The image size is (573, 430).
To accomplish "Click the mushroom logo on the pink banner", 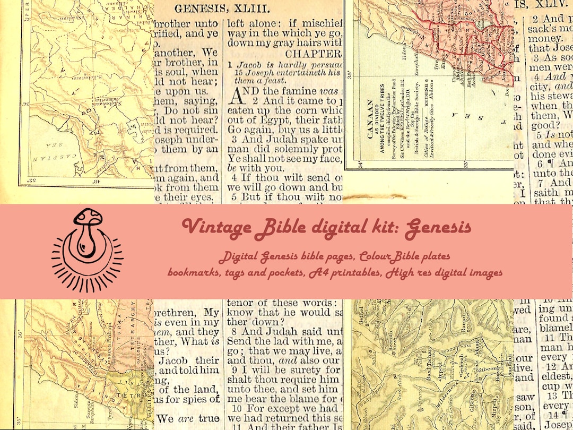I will [x=87, y=250].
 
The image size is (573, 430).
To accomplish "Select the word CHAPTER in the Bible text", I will [x=313, y=54].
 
